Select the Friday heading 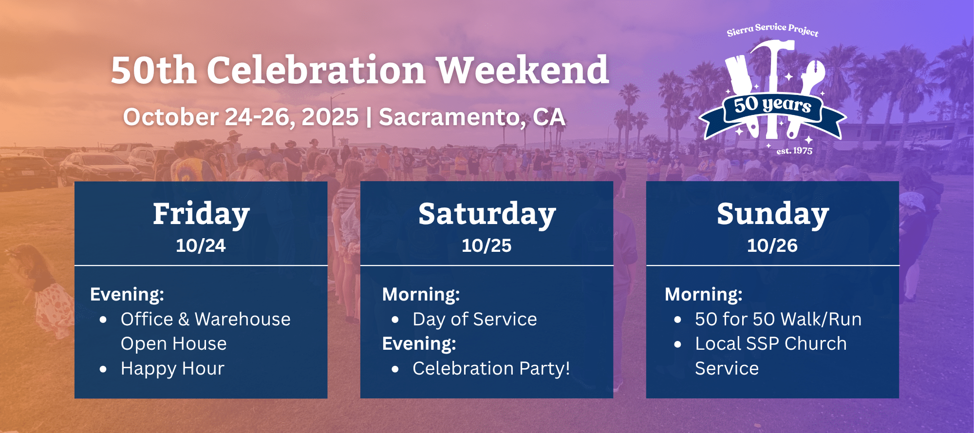click(x=201, y=214)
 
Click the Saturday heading click(x=487, y=214)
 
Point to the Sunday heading click(x=773, y=214)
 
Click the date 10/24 click(x=201, y=245)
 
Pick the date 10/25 click(x=487, y=245)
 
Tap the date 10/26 click(x=772, y=245)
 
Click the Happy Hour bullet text click(x=172, y=369)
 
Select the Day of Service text click(x=475, y=320)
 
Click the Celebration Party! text click(x=491, y=369)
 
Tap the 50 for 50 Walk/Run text click(x=778, y=320)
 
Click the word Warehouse click(x=243, y=320)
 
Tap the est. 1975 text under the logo click(x=794, y=151)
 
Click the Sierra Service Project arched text click(x=773, y=29)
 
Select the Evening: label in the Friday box click(x=127, y=295)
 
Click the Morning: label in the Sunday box click(x=704, y=295)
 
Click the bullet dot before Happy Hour click(x=103, y=369)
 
